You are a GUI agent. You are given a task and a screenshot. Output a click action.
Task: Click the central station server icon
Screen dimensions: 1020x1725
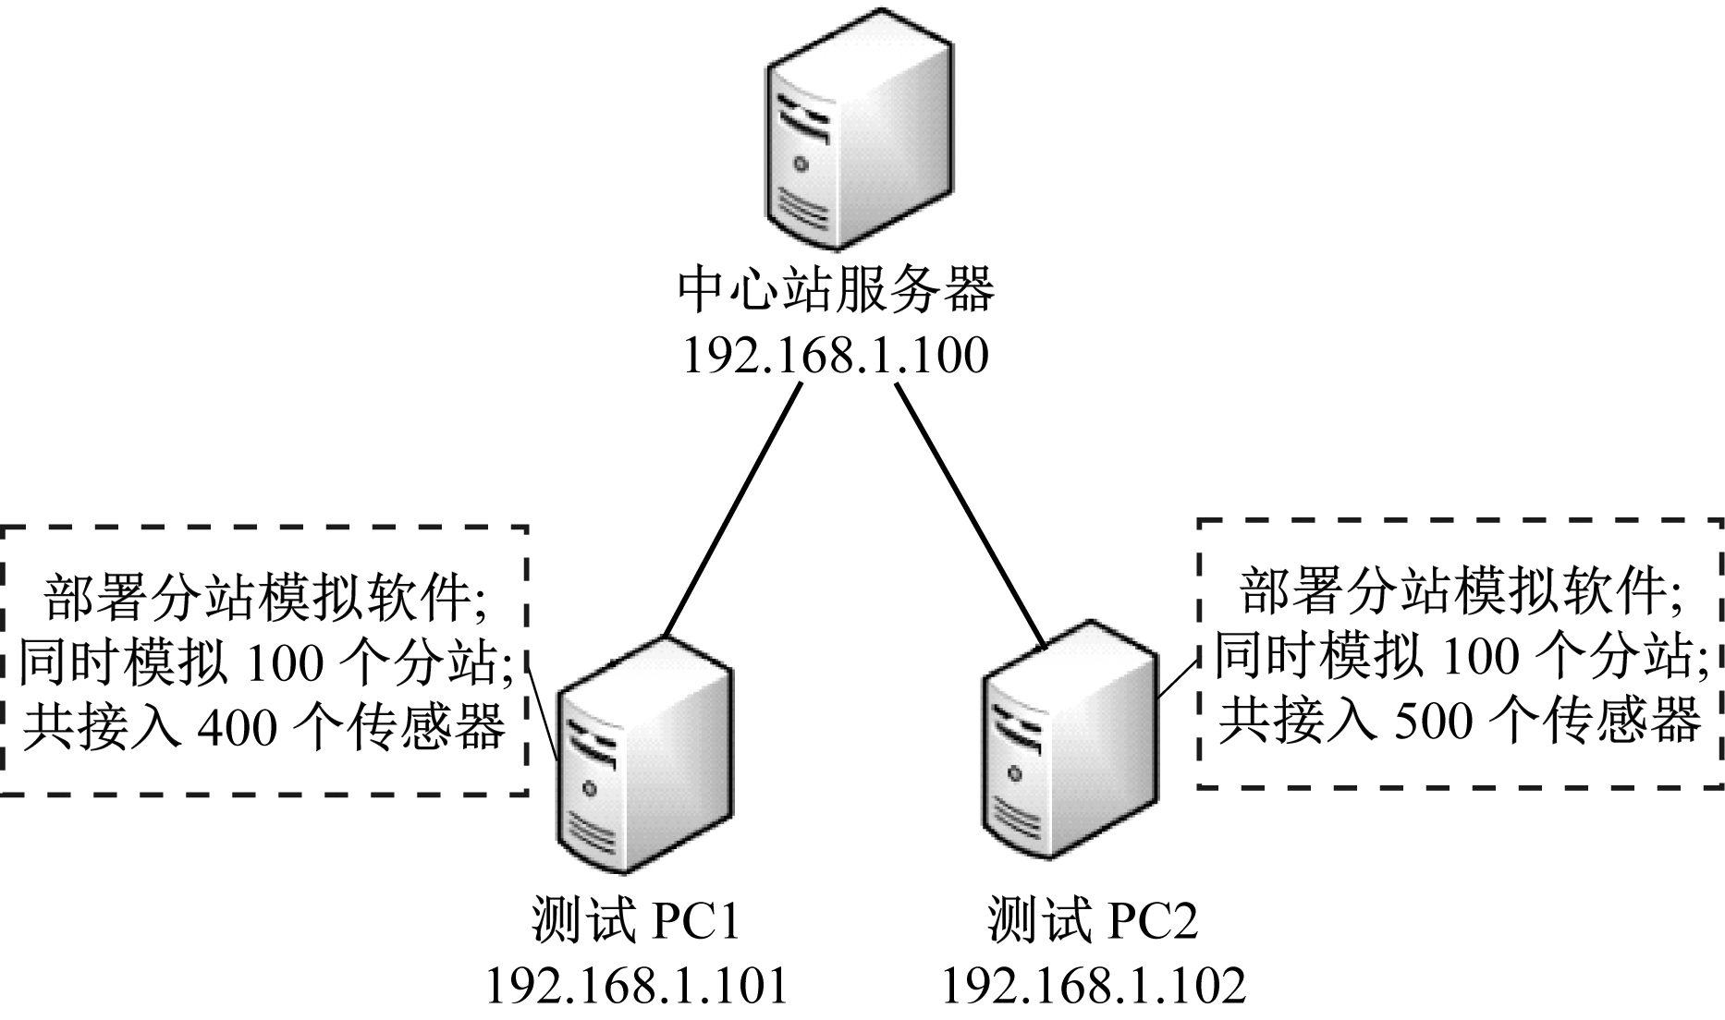click(858, 129)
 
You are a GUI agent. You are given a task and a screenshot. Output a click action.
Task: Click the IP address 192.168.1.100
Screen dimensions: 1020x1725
click(835, 356)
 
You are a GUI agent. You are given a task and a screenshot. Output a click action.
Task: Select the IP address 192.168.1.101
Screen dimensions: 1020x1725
click(636, 987)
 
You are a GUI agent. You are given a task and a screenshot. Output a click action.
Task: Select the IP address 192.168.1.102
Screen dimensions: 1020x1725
click(1093, 987)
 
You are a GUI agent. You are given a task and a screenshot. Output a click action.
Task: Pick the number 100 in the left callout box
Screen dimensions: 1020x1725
click(275, 662)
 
